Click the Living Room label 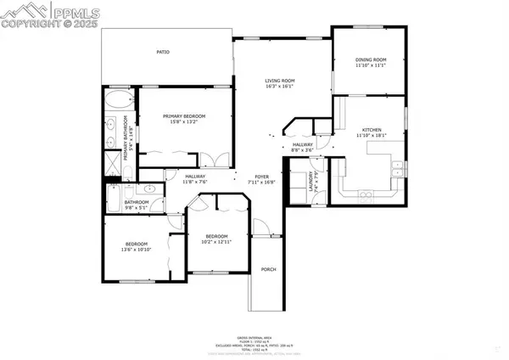[278, 80]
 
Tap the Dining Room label [371, 60]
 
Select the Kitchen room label [371, 129]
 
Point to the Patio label [163, 53]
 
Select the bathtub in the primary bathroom [115, 104]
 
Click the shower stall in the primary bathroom [114, 160]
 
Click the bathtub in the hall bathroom [114, 201]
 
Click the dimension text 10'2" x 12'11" [216, 242]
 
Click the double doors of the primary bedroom [217, 159]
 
